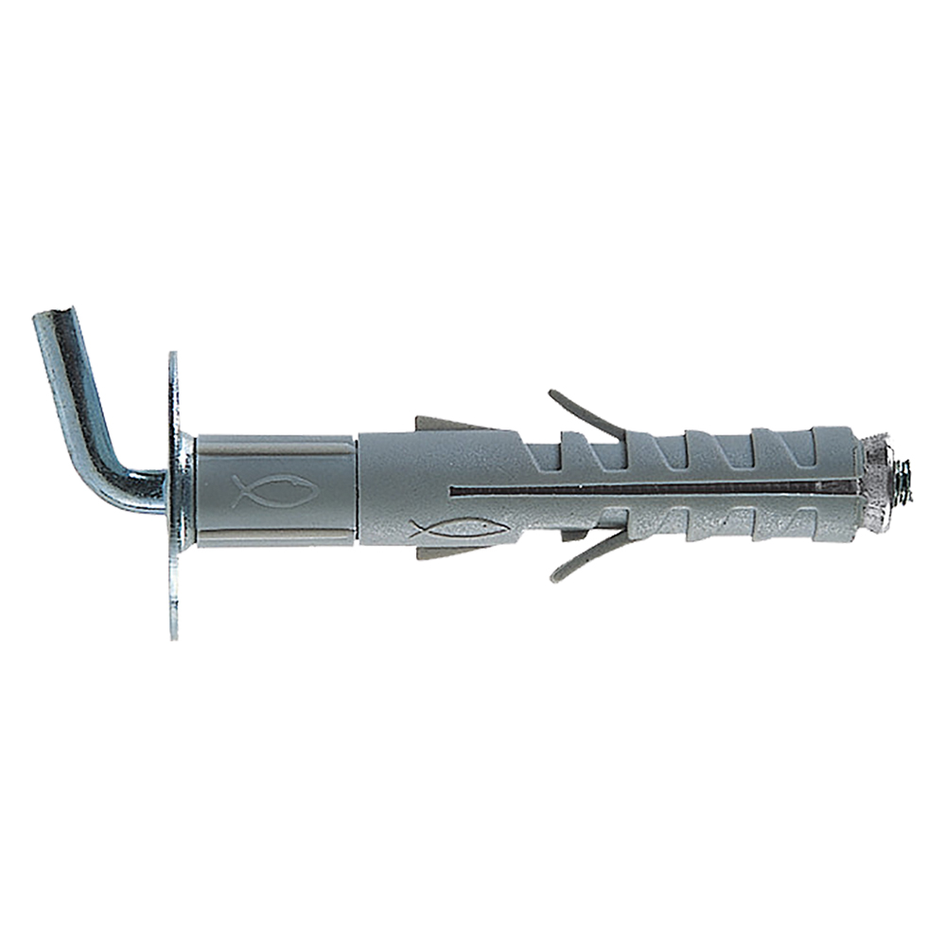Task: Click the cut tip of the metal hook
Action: coord(52,320)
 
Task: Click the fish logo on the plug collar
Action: coord(275,490)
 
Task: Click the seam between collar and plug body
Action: coord(358,489)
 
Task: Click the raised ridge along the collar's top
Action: coord(274,441)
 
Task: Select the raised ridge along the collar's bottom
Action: coord(274,537)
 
